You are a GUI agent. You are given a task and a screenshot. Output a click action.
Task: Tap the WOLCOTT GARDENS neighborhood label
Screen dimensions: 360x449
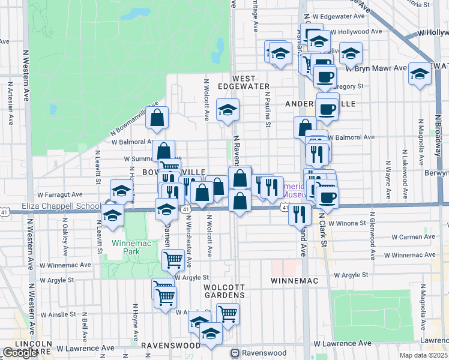(x=223, y=291)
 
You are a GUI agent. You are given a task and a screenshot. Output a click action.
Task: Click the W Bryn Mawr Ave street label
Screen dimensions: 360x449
(x=381, y=68)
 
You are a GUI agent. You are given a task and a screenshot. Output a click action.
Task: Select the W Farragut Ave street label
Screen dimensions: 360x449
(x=60, y=194)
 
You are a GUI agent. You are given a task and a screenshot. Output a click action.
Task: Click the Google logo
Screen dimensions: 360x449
(x=20, y=353)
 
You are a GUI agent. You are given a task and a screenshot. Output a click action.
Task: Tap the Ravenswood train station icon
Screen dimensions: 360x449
(x=236, y=353)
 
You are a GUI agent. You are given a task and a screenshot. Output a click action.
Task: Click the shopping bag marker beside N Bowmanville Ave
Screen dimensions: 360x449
(x=157, y=119)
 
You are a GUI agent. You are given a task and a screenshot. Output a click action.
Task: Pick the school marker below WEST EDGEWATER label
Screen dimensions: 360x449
(x=228, y=110)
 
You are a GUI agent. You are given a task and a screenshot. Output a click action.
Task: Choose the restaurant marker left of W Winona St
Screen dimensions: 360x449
(x=299, y=214)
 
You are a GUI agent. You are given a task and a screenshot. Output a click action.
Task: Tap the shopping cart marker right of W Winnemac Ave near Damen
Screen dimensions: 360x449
(x=173, y=260)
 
